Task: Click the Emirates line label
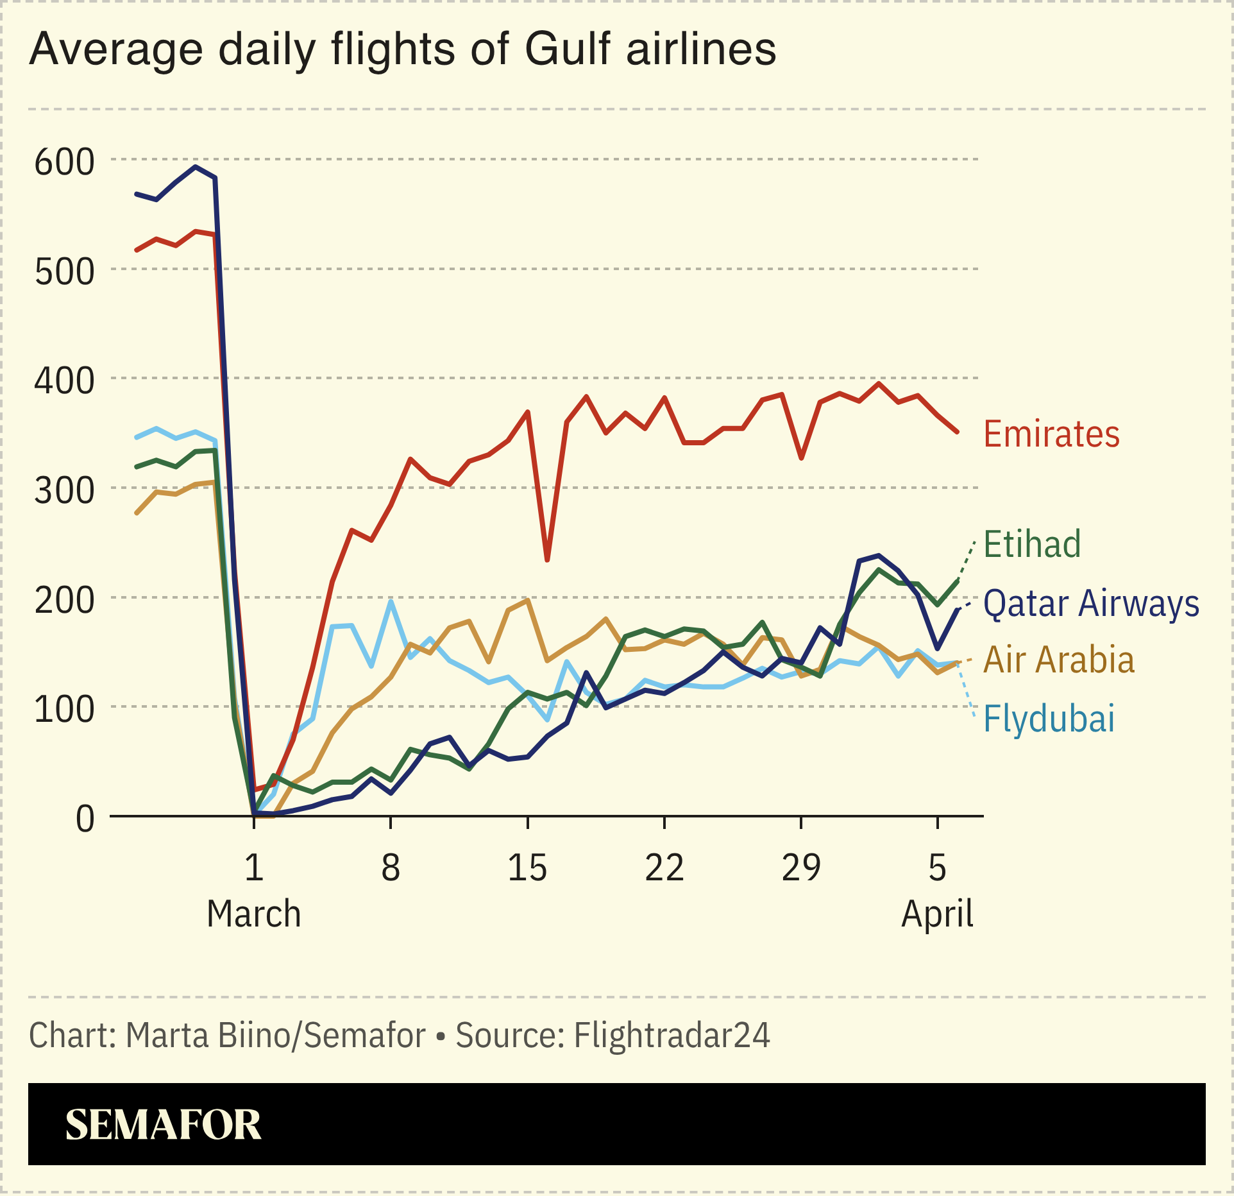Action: pos(1051,434)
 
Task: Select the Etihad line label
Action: pos(1032,545)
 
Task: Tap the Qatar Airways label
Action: pos(1091,604)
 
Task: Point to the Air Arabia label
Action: pos(1059,660)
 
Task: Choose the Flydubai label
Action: pos(1049,719)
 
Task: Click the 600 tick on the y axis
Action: pos(64,162)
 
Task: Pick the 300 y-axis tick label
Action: pos(64,491)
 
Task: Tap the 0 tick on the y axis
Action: pos(85,819)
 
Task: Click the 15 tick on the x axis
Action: pos(527,868)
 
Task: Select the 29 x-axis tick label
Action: pos(800,868)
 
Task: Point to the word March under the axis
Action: pos(253,914)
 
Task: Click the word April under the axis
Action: pos(937,914)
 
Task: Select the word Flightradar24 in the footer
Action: pos(672,1035)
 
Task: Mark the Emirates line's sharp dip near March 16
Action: pos(547,560)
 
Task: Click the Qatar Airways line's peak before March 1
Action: pos(196,167)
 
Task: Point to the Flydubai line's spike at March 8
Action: pos(391,601)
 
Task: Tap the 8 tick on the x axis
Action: pos(391,868)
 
